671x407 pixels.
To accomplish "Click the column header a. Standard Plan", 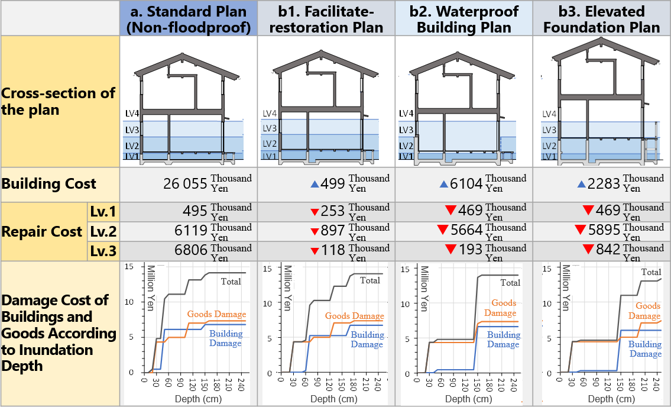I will coord(189,19).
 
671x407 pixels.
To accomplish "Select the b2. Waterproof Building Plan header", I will coord(463,19).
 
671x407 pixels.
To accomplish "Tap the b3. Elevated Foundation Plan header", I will coord(601,19).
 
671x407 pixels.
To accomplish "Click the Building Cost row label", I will coord(49,184).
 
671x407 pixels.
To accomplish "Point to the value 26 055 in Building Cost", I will coord(186,184).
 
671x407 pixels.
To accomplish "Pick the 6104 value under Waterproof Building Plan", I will coord(466,184).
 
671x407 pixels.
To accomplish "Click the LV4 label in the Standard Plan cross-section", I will coord(132,113).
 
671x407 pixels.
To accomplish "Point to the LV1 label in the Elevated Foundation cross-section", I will coord(549,156).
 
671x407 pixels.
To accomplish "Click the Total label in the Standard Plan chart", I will coord(231,282).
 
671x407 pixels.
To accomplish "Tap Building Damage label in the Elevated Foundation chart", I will coord(644,349).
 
